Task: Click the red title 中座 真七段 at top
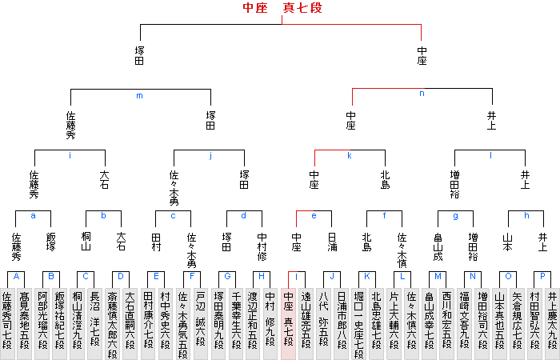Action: (282, 9)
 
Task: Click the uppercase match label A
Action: (16, 276)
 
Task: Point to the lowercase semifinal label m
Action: (139, 96)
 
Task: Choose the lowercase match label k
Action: (350, 155)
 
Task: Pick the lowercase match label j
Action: (210, 155)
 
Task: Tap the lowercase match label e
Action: (314, 215)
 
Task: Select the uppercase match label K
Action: (366, 276)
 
